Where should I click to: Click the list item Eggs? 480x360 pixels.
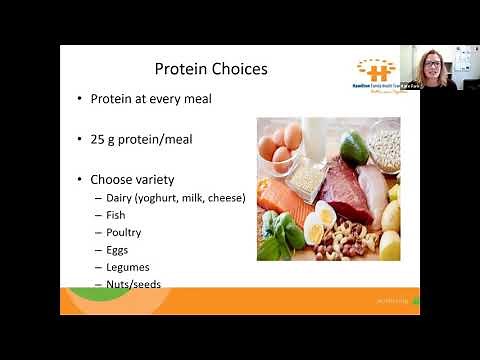pos(117,249)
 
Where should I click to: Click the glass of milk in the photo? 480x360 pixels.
pos(318,135)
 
